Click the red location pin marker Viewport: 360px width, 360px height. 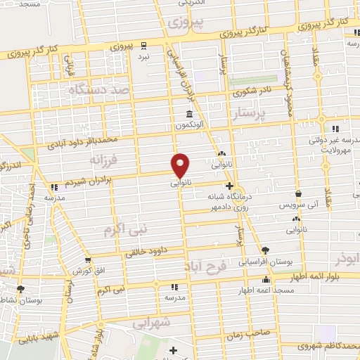(181, 165)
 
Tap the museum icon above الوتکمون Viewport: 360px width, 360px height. (190, 115)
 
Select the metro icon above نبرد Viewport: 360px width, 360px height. (144, 44)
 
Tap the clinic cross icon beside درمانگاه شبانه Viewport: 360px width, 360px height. (229, 186)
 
